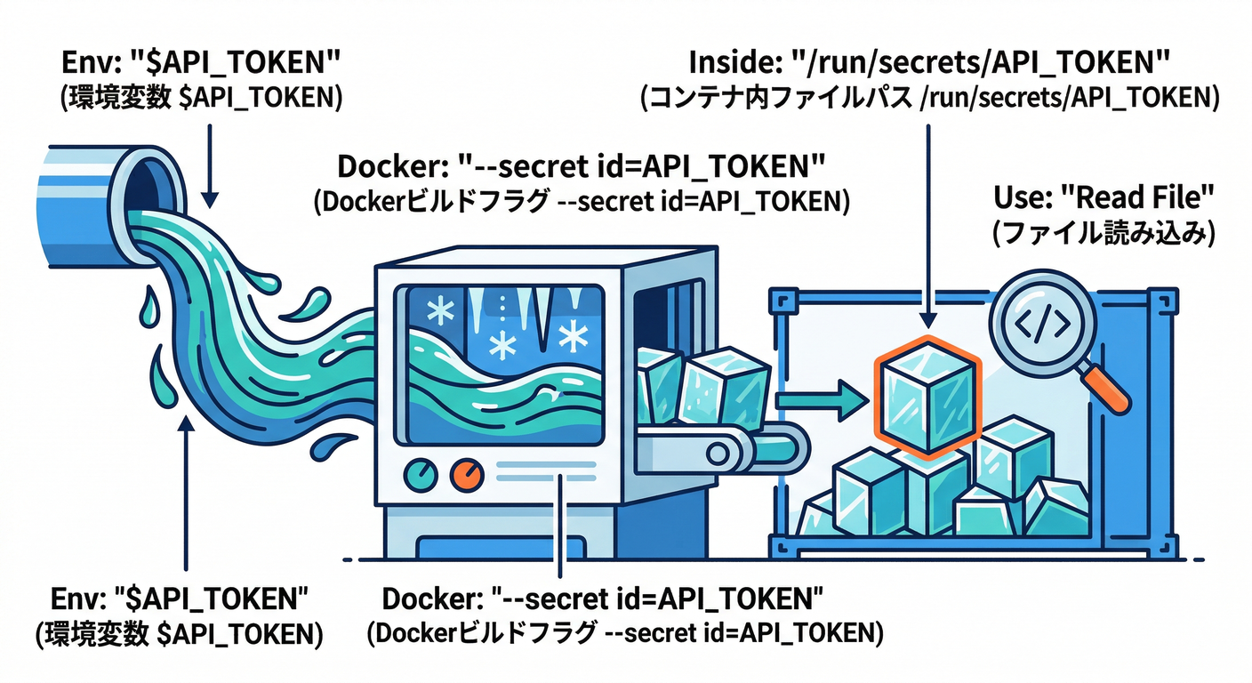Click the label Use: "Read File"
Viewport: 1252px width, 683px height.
[1102, 198]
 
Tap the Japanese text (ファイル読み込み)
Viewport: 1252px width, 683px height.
[1102, 232]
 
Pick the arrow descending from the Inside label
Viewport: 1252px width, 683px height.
[929, 222]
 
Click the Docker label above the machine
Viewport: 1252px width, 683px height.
[582, 167]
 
